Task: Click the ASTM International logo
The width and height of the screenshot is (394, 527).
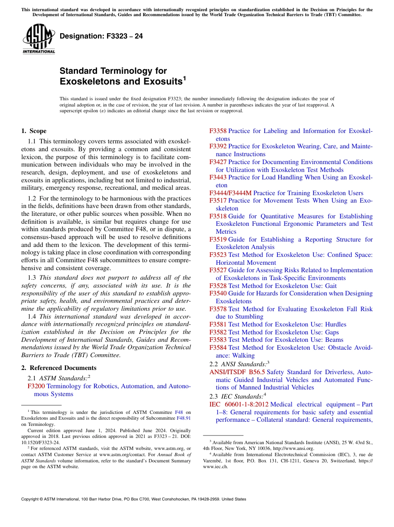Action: (39, 39)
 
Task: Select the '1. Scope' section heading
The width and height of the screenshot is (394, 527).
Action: (34, 131)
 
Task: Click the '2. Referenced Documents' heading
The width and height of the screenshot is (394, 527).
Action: (58, 368)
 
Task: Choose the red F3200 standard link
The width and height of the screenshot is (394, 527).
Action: (36, 386)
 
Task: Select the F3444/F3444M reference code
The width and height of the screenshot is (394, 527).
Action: (230, 193)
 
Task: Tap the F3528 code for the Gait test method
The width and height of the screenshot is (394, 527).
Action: (218, 286)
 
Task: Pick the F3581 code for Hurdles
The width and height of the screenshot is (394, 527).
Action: (218, 324)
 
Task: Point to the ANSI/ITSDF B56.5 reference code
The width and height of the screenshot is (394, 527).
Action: (237, 372)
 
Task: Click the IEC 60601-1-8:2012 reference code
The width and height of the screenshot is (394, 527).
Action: (238, 404)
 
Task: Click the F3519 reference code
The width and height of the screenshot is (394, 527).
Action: (218, 239)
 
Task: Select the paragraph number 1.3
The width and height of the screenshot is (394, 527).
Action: (32, 278)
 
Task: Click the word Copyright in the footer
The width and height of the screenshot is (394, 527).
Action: (30, 499)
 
